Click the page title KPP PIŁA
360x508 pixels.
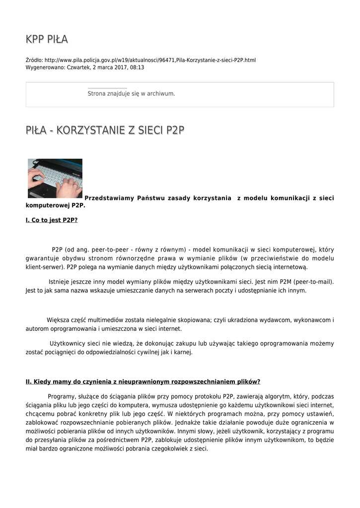pyautogui.click(x=47, y=40)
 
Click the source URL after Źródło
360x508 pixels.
pyautogui.click(x=150, y=60)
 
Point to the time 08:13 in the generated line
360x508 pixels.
pyautogui.click(x=137, y=67)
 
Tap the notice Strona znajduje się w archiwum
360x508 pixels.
pyautogui.click(x=131, y=93)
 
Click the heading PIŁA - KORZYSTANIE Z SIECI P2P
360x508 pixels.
pyautogui.click(x=105, y=130)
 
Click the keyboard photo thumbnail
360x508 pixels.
pyautogui.click(x=55, y=178)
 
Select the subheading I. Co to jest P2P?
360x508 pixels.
pyautogui.click(x=52, y=220)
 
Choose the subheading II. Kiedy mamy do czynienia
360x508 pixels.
pyautogui.click(x=143, y=381)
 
